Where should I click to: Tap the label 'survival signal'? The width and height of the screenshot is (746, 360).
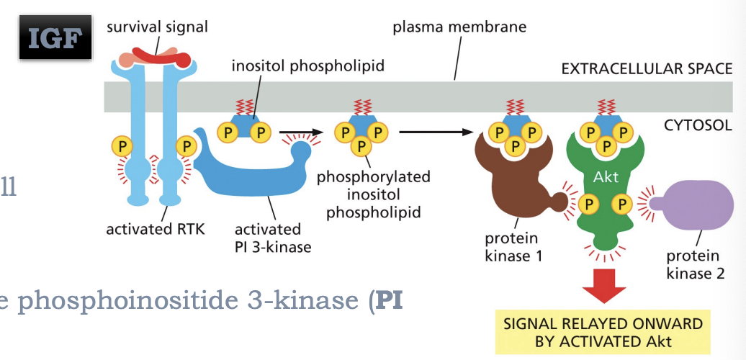point(157,27)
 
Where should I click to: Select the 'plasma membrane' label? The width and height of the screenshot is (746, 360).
point(459,27)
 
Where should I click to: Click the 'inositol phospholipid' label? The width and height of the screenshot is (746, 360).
point(307,66)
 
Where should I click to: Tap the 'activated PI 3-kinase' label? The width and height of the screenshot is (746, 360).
point(268,238)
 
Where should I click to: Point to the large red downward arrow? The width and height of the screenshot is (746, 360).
point(603,283)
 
